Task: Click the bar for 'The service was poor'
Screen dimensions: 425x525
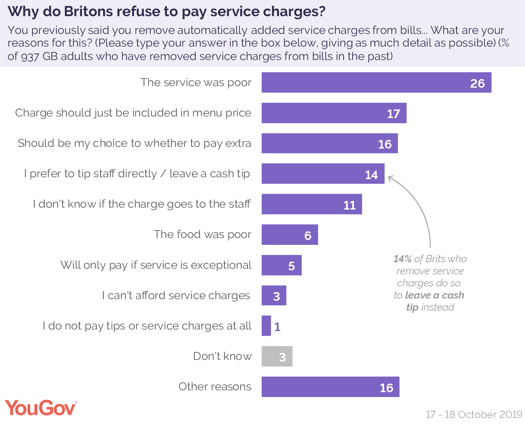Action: tap(376, 82)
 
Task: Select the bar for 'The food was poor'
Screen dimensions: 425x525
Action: tap(290, 235)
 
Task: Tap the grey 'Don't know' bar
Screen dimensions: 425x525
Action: tap(277, 356)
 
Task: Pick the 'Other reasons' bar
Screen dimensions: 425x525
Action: tap(330, 387)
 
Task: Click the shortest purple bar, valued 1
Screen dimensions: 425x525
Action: tap(266, 326)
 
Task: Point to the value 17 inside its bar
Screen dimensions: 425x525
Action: tap(393, 114)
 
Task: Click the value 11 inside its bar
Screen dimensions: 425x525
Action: tap(349, 205)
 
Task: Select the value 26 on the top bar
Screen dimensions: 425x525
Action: tap(477, 83)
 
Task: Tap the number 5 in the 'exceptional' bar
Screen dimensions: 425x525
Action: tap(291, 266)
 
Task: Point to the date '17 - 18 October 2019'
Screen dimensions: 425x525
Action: tap(474, 415)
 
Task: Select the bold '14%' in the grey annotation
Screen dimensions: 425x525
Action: tap(402, 259)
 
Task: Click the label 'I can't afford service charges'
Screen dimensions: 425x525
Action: tap(176, 295)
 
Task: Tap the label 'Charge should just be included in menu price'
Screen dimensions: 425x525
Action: tap(133, 113)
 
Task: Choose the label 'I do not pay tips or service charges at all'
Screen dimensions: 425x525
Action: tap(147, 326)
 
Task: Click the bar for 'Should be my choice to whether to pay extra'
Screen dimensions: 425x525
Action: tap(330, 143)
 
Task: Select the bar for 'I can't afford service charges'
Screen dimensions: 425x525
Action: tap(274, 295)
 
